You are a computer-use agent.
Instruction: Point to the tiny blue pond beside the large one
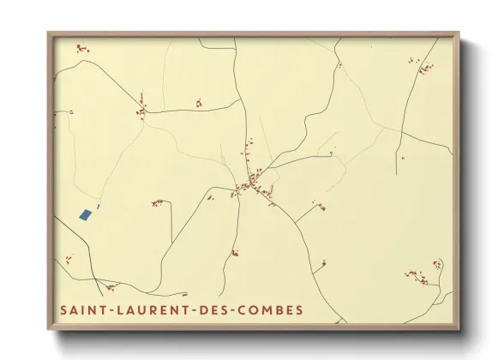tap(99, 206)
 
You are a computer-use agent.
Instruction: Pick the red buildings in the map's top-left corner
tap(82, 48)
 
